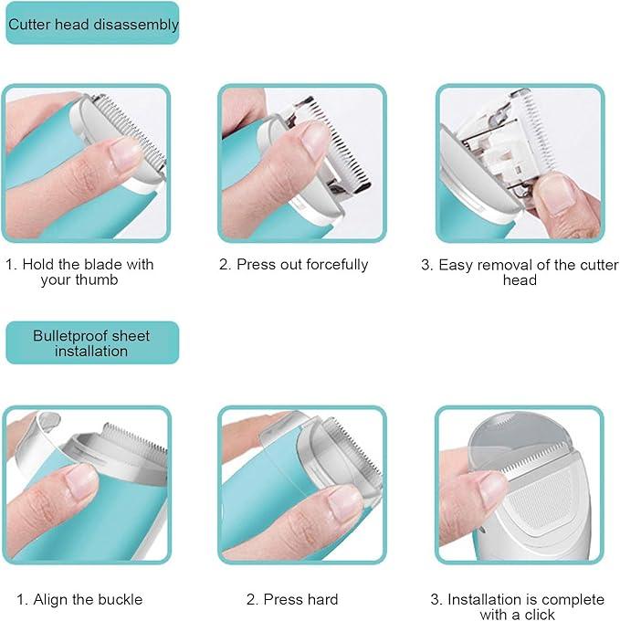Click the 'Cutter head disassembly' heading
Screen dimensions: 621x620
click(x=92, y=25)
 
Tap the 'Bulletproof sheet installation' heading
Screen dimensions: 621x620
click(x=91, y=342)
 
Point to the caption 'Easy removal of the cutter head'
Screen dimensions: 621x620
click(x=519, y=272)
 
